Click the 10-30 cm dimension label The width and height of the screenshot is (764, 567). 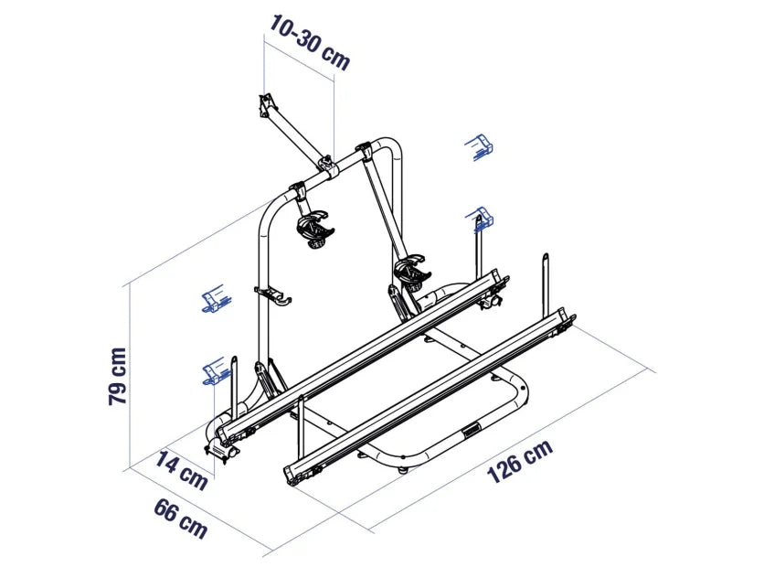pyautogui.click(x=308, y=41)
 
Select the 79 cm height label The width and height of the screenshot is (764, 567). pyautogui.click(x=117, y=375)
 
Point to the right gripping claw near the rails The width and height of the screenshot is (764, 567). pyautogui.click(x=411, y=272)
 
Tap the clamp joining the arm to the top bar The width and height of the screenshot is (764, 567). pyautogui.click(x=325, y=164)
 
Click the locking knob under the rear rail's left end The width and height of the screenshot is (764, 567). pyautogui.click(x=222, y=449)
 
